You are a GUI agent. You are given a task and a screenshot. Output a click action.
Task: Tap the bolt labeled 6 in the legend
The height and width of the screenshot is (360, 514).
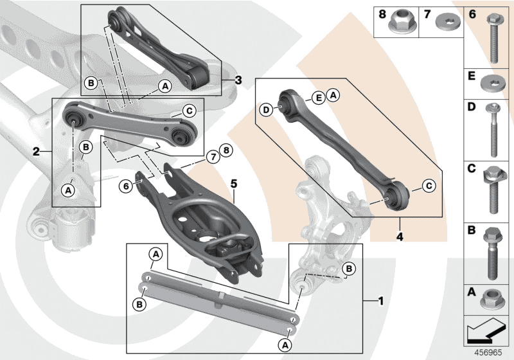[x=493, y=39]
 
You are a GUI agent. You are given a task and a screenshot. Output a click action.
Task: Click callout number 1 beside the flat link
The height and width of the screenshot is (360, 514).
[x=382, y=300]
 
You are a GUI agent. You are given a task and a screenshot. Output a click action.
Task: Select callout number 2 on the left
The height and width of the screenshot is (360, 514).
[x=37, y=152]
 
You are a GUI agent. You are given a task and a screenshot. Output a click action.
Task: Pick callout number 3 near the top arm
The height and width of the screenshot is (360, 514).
[x=238, y=80]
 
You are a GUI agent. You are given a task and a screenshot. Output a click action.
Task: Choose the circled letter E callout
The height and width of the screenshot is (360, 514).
[x=317, y=98]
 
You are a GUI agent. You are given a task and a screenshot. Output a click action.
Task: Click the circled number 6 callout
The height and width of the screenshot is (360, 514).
[x=126, y=186]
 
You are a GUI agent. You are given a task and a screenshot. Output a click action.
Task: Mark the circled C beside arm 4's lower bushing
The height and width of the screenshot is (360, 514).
[x=429, y=186]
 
